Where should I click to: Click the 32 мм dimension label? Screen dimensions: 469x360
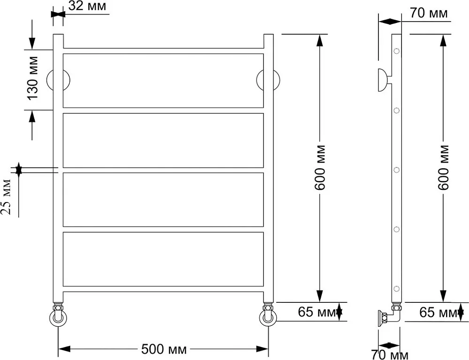(87, 6)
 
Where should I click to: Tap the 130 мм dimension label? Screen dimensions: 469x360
(32, 78)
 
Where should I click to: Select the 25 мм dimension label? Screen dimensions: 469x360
(6, 197)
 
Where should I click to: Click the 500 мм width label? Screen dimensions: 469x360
(164, 349)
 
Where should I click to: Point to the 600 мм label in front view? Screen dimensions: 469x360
(320, 167)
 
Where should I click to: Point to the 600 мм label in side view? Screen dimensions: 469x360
(443, 167)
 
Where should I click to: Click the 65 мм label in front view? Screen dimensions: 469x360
(317, 312)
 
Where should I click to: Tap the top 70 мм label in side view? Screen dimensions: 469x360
(429, 13)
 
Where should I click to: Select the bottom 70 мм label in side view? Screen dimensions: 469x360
(389, 355)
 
